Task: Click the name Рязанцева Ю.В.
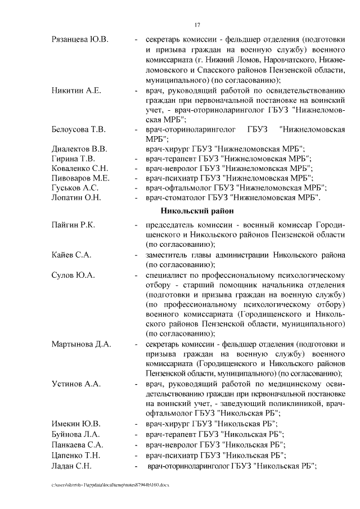[x=80, y=40]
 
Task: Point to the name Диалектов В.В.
[x=79, y=149]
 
